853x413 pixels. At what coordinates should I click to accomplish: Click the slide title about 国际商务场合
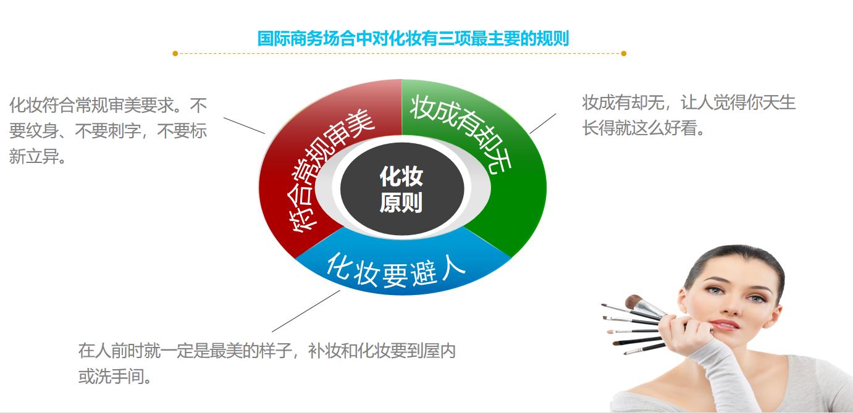pos(413,38)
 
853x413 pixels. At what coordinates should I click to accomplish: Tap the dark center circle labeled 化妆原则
pos(401,190)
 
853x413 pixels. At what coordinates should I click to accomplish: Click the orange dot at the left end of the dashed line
pos(175,54)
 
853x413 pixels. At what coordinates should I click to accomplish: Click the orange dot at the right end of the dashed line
pos(623,54)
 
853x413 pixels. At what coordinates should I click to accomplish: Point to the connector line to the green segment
pos(542,123)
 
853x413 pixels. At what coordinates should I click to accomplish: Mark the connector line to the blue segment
pos(306,311)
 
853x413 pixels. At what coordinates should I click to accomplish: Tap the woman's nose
pos(729,306)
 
